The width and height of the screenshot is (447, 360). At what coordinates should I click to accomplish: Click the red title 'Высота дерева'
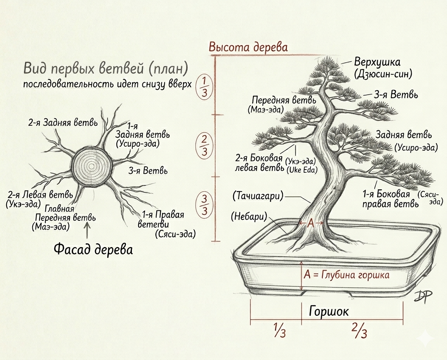coord(248,47)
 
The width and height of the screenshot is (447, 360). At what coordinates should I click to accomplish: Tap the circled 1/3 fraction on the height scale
coord(204,87)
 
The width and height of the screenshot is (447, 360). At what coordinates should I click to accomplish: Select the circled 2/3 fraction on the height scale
coord(204,145)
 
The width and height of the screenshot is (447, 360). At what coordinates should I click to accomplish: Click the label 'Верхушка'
coord(377,62)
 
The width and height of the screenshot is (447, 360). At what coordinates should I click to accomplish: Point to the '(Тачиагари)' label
coord(258,196)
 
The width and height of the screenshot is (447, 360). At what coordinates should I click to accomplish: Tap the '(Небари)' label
coord(249,216)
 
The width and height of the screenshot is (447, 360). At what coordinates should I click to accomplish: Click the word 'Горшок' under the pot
coord(329,311)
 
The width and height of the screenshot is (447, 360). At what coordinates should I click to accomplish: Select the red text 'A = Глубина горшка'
coord(347,275)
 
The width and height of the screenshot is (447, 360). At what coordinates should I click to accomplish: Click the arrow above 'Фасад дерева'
coord(87,230)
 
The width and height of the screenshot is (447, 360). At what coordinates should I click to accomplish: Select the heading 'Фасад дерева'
coord(93,249)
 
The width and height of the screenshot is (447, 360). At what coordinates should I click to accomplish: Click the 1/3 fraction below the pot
coord(280,330)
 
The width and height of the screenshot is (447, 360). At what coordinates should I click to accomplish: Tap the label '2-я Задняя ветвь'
coord(63,123)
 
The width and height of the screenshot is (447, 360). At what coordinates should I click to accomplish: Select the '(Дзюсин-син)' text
coord(383,74)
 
